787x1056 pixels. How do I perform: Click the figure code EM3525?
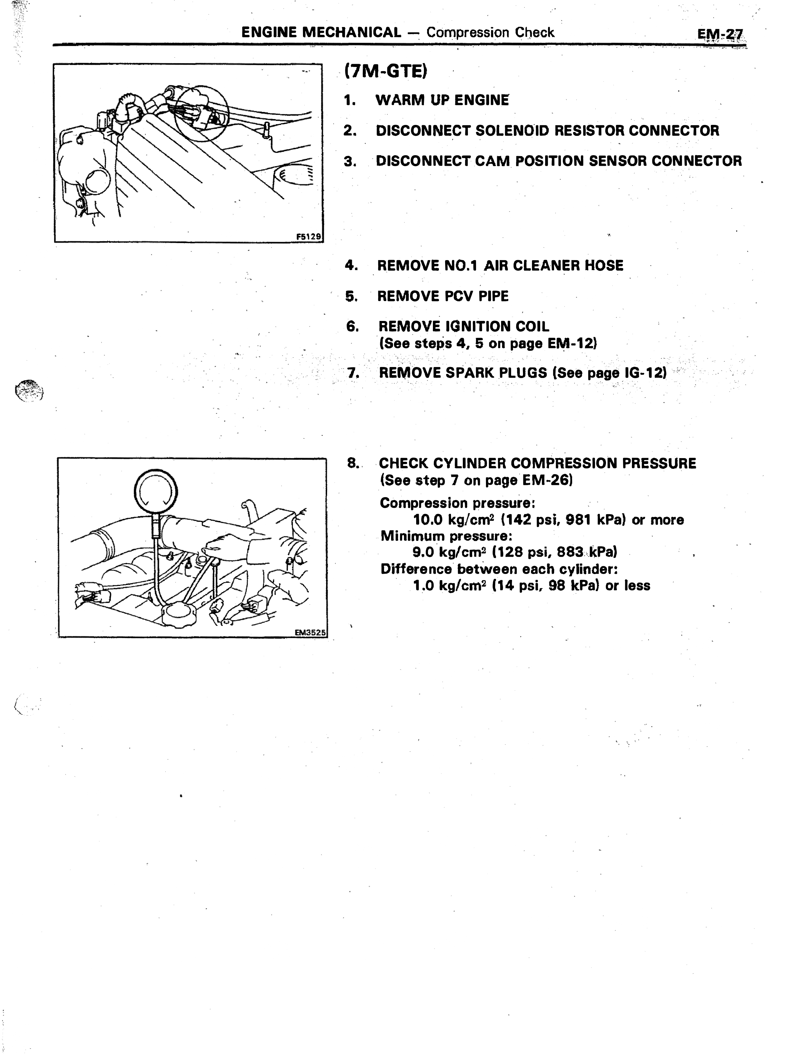pos(310,633)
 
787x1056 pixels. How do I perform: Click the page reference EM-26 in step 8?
pos(545,480)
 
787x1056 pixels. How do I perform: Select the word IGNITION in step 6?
pos(477,326)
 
